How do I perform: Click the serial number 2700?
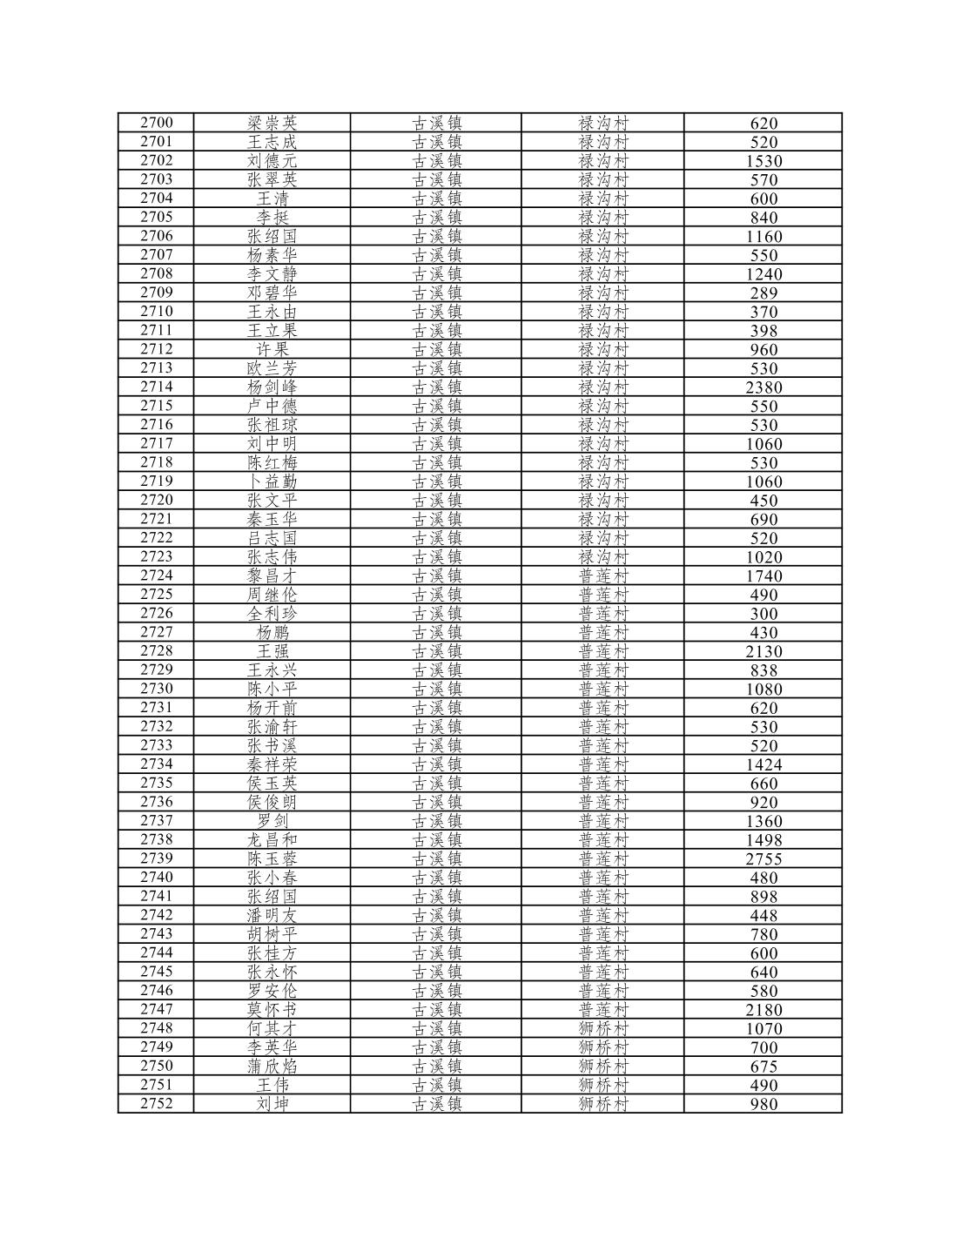click(x=157, y=123)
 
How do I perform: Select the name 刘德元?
click(x=272, y=161)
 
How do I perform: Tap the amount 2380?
click(x=764, y=387)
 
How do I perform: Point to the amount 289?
click(x=764, y=293)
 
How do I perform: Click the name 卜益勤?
click(x=272, y=481)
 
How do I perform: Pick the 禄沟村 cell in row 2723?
click(x=602, y=557)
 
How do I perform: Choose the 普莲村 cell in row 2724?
click(x=602, y=575)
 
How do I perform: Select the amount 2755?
click(x=764, y=859)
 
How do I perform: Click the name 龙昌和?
click(x=272, y=840)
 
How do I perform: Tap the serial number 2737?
click(x=157, y=821)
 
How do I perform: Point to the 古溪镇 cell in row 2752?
click(x=436, y=1104)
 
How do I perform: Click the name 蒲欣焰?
click(x=272, y=1067)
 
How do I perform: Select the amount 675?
click(x=764, y=1067)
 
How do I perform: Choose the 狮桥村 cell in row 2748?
click(x=602, y=1028)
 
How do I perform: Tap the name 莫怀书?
click(x=272, y=1010)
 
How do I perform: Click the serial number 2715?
click(x=157, y=406)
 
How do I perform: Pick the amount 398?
click(x=764, y=331)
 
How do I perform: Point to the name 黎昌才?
click(x=272, y=575)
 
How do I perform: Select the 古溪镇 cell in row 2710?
click(x=436, y=312)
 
